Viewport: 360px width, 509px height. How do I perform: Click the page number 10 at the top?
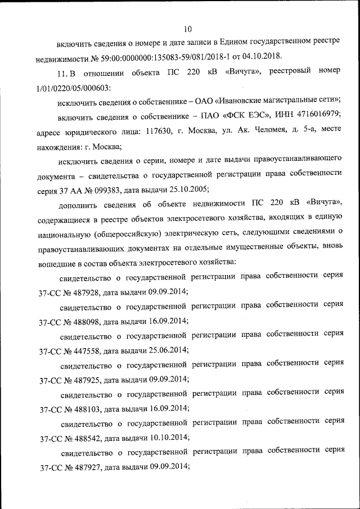coord(187,29)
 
